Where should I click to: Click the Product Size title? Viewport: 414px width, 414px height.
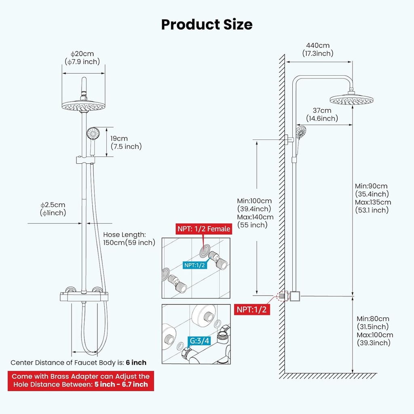tap(207, 25)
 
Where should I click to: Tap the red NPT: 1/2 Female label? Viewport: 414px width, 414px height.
tap(204, 229)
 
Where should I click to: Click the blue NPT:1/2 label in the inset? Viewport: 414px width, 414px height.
tap(195, 265)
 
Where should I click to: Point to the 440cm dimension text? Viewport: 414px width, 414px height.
tap(318, 45)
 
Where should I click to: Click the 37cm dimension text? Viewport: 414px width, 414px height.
tap(322, 110)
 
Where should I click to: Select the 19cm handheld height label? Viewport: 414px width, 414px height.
tap(119, 139)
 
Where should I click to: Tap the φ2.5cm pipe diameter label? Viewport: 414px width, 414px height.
tap(53, 205)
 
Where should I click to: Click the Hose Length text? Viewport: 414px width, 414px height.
tap(125, 234)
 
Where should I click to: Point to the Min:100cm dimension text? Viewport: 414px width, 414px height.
tap(254, 201)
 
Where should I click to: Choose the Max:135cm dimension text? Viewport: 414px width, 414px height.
tap(373, 202)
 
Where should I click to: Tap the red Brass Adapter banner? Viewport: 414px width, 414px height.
tap(80, 380)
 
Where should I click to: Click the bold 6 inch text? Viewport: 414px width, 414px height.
tap(136, 363)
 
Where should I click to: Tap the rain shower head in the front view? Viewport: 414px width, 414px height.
tap(83, 106)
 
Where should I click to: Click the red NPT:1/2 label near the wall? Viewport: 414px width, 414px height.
tap(252, 309)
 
